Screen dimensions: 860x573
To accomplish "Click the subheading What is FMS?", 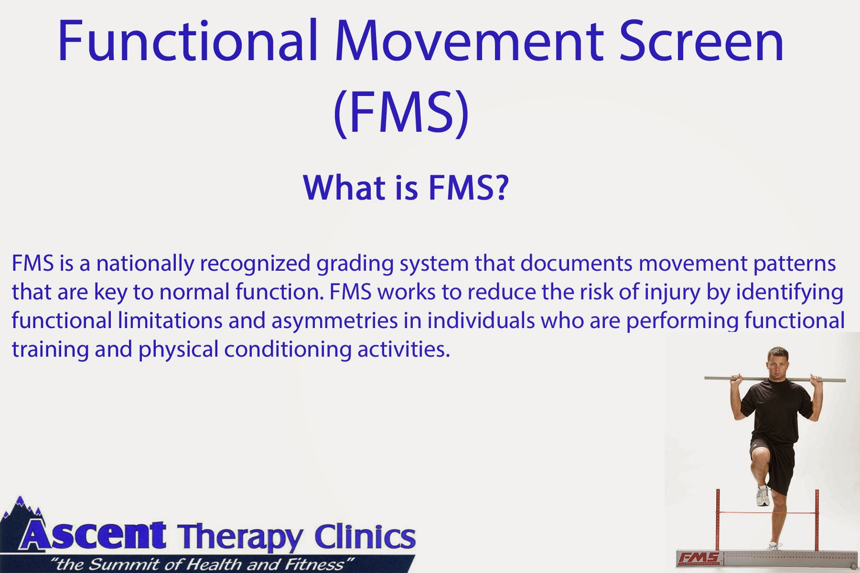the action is tap(406, 188).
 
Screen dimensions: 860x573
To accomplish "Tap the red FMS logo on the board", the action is tap(699, 557).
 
